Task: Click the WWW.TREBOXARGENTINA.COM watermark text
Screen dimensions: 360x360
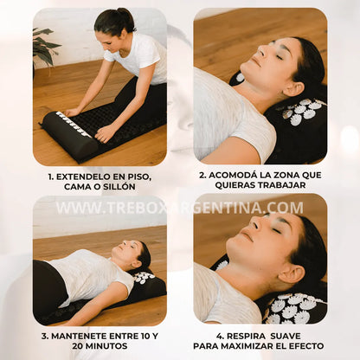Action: tap(179, 208)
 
